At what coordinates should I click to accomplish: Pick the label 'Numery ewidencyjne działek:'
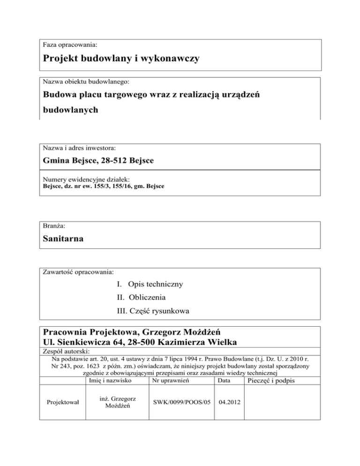click(x=85, y=179)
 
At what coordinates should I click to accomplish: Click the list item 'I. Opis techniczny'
click(x=150, y=284)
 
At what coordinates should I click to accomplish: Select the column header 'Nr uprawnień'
click(x=168, y=380)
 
